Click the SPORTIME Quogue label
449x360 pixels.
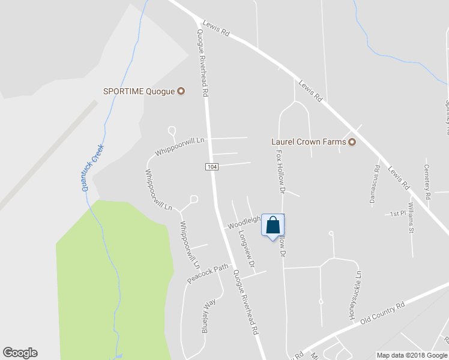[x=139, y=91]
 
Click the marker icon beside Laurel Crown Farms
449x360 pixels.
[x=352, y=142]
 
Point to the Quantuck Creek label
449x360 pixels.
[x=92, y=167]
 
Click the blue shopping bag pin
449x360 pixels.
[x=273, y=226]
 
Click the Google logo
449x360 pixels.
[x=20, y=353]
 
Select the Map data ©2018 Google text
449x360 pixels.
[x=412, y=355]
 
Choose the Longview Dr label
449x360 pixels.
[x=247, y=249]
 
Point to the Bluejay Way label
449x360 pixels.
[x=208, y=315]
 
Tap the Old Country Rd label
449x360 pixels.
[x=382, y=314]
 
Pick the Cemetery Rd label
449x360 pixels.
[x=427, y=182]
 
